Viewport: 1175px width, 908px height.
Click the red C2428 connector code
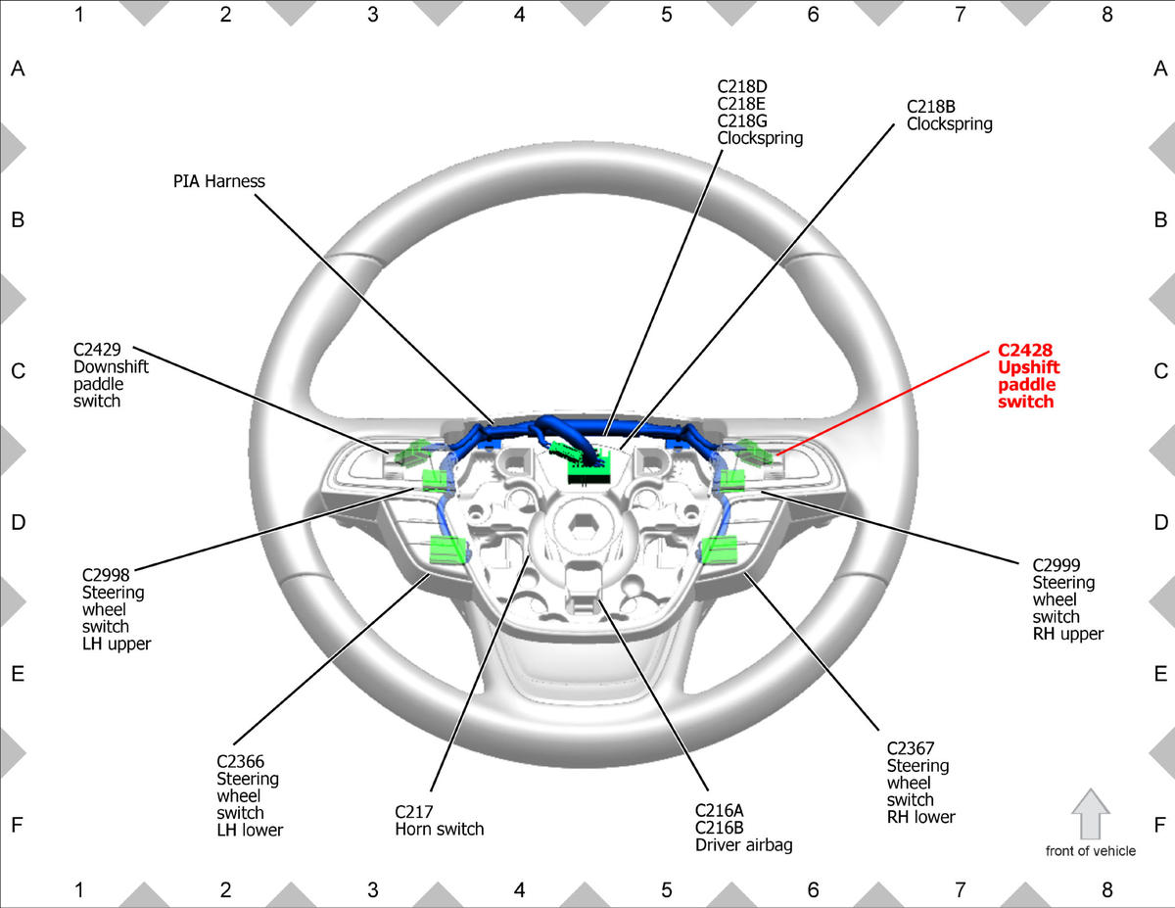click(x=1024, y=350)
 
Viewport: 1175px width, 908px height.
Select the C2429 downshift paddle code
click(x=97, y=350)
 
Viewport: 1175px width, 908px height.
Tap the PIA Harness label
click(x=219, y=181)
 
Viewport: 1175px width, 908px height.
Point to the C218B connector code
click(x=930, y=107)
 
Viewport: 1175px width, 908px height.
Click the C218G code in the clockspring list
click(x=742, y=120)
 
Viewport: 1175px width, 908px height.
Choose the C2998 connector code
click(x=106, y=575)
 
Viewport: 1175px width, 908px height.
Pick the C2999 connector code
click(x=1057, y=565)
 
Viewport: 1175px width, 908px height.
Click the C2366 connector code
click(x=241, y=761)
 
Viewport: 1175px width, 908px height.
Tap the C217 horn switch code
click(x=414, y=812)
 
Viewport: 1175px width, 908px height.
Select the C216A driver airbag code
click(x=719, y=811)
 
